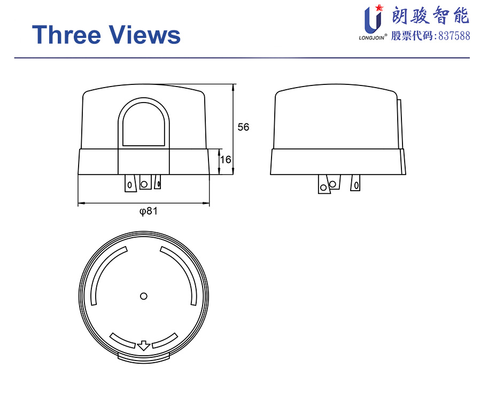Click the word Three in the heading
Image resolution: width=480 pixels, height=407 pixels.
point(66,34)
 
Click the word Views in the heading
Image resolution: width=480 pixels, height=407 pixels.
point(145,34)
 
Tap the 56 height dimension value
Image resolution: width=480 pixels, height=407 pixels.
point(243,127)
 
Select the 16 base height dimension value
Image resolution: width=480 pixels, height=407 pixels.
point(226,159)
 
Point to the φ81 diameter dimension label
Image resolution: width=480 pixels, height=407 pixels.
point(149,211)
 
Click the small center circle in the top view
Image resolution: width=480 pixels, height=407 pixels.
point(144,296)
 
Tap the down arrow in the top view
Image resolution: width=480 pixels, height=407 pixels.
point(144,346)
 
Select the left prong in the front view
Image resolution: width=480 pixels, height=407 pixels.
point(130,183)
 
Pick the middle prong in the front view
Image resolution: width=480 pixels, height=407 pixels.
point(145,182)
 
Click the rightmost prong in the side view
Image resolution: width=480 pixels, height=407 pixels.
point(355,183)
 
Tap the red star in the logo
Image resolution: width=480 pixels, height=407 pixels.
point(380,7)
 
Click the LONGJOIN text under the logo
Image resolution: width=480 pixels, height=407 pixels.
point(371,38)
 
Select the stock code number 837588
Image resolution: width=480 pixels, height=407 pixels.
point(454,36)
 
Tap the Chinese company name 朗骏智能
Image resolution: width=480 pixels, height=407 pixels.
point(430,15)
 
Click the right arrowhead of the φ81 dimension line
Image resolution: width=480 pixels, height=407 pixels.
point(206,203)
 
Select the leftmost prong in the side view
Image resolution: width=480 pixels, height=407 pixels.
point(324,184)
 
